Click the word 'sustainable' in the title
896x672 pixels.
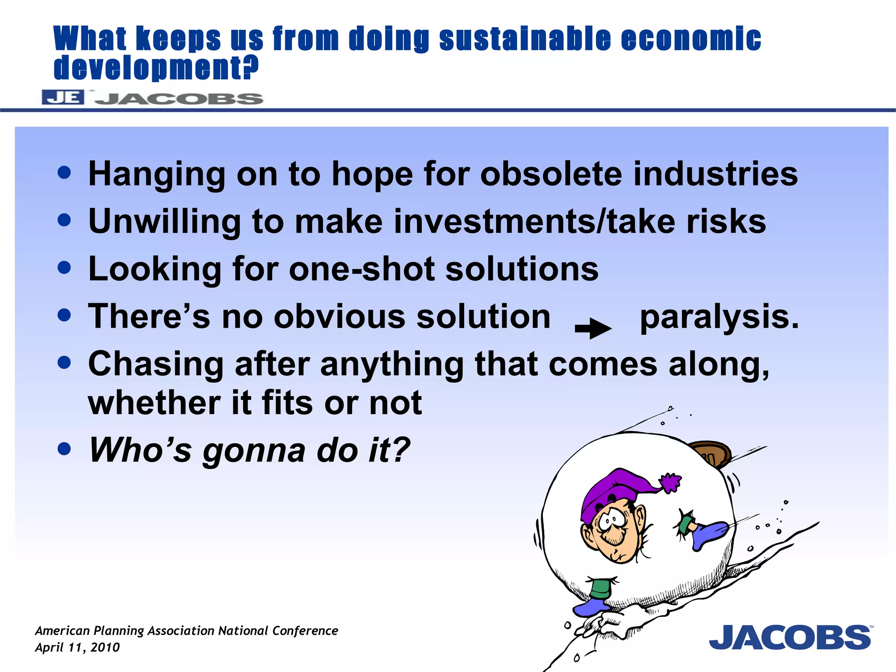pyautogui.click(x=525, y=39)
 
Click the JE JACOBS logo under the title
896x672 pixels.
pyautogui.click(x=152, y=98)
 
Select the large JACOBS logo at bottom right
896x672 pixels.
pyautogui.click(x=790, y=637)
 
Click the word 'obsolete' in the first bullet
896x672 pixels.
pyautogui.click(x=551, y=174)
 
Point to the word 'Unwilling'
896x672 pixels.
pyautogui.click(x=164, y=221)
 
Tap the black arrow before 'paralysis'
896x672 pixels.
pyautogui.click(x=593, y=329)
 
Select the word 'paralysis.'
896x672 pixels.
pyautogui.click(x=719, y=317)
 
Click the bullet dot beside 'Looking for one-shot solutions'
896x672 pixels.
pyautogui.click(x=64, y=267)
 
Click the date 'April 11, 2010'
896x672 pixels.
pyautogui.click(x=77, y=647)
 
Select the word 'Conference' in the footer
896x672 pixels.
pyautogui.click(x=305, y=631)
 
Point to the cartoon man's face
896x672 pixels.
pyautogui.click(x=615, y=532)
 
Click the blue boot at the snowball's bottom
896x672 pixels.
pyautogui.click(x=591, y=607)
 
